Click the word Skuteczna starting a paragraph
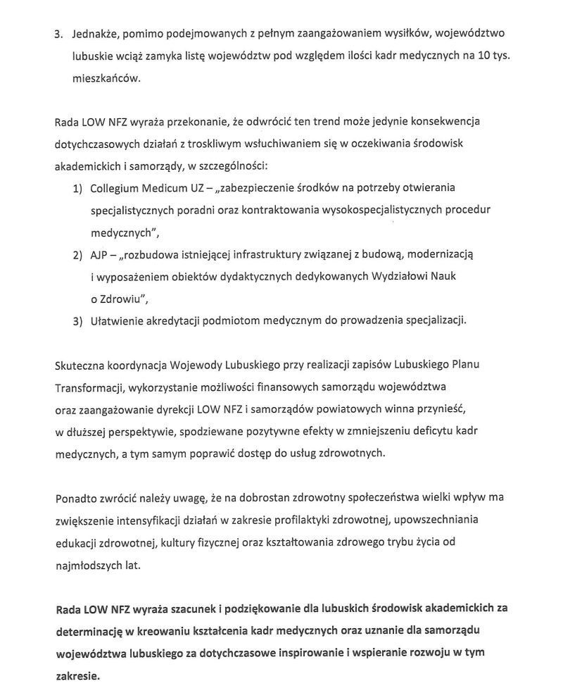[x=80, y=366]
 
